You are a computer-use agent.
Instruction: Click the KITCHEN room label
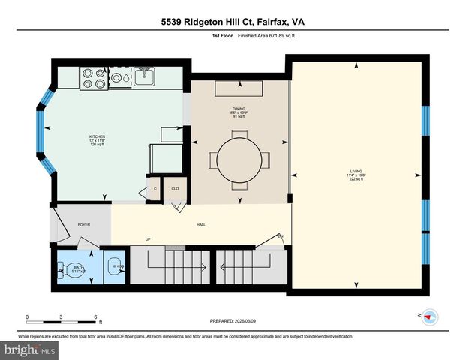click(x=98, y=139)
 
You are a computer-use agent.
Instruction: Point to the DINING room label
click(x=238, y=114)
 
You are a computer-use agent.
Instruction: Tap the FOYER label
click(x=84, y=224)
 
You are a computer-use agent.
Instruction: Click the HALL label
click(x=201, y=224)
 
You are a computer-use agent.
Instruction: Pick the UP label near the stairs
click(x=149, y=240)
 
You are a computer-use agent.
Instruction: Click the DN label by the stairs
click(x=281, y=236)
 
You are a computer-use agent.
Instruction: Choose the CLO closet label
click(x=176, y=189)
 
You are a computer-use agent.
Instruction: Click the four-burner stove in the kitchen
click(x=94, y=78)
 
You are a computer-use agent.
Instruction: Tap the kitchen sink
click(x=144, y=76)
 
